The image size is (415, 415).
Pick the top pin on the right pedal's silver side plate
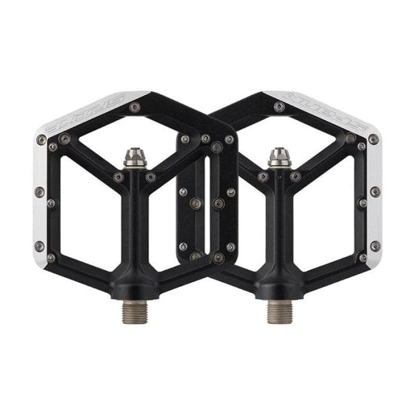(374, 140)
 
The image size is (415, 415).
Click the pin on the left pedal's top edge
(135, 107)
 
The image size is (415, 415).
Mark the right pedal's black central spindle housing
(278, 234)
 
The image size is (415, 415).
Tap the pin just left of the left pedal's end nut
(118, 177)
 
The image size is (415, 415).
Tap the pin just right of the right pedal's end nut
(297, 177)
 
